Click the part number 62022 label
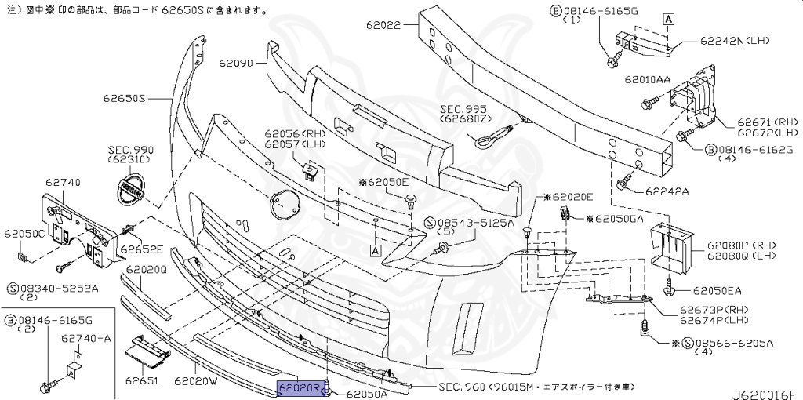pyautogui.click(x=383, y=24)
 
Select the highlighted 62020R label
pyautogui.click(x=300, y=388)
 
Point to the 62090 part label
pyautogui.click(x=235, y=64)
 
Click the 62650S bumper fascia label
pyautogui.click(x=124, y=98)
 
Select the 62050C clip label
pyautogui.click(x=24, y=234)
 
